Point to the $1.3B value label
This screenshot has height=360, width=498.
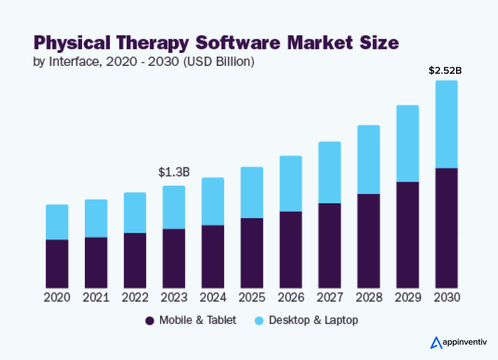click(174, 172)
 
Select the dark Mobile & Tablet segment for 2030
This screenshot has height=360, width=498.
click(446, 228)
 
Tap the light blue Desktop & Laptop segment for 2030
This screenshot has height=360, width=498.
click(446, 124)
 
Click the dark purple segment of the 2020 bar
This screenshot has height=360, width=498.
click(57, 264)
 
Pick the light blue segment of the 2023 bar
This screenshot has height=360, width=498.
click(174, 207)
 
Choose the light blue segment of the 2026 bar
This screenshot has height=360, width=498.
click(291, 183)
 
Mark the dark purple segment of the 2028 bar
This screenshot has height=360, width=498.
click(368, 241)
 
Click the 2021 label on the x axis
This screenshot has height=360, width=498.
click(96, 298)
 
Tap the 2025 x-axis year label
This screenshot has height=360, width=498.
click(252, 298)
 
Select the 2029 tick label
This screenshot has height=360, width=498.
click(408, 298)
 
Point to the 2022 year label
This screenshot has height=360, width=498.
click(135, 298)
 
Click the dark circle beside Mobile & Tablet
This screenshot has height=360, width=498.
click(149, 321)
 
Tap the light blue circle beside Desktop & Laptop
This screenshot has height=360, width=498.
click(259, 321)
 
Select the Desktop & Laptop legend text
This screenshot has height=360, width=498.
click(313, 320)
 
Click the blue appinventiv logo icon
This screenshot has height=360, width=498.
click(436, 342)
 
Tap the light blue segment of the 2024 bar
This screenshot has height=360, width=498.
click(213, 201)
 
